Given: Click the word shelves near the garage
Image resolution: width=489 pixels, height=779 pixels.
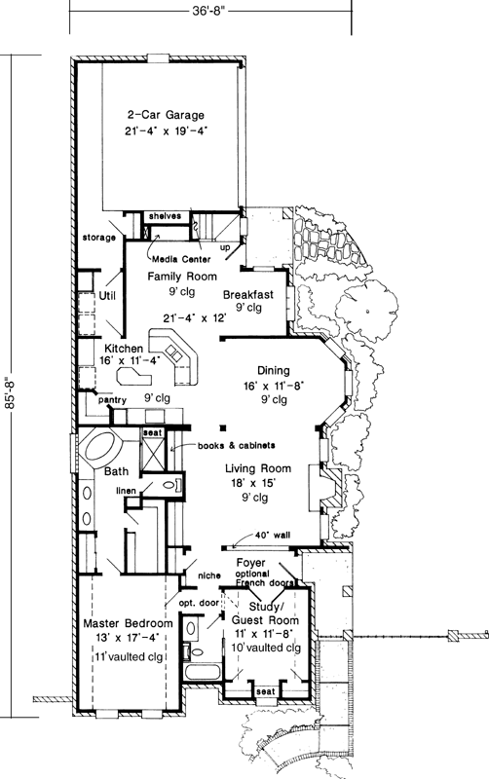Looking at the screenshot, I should (164, 215).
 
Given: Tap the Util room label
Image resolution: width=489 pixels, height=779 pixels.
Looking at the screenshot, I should (106, 295).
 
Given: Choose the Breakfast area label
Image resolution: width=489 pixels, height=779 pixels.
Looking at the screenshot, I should (247, 294).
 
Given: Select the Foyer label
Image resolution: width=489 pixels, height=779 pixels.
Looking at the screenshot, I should (251, 562).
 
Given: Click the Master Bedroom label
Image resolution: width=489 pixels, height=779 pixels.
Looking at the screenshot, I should (128, 622).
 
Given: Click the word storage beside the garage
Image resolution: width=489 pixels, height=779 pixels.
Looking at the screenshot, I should (99, 237).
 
